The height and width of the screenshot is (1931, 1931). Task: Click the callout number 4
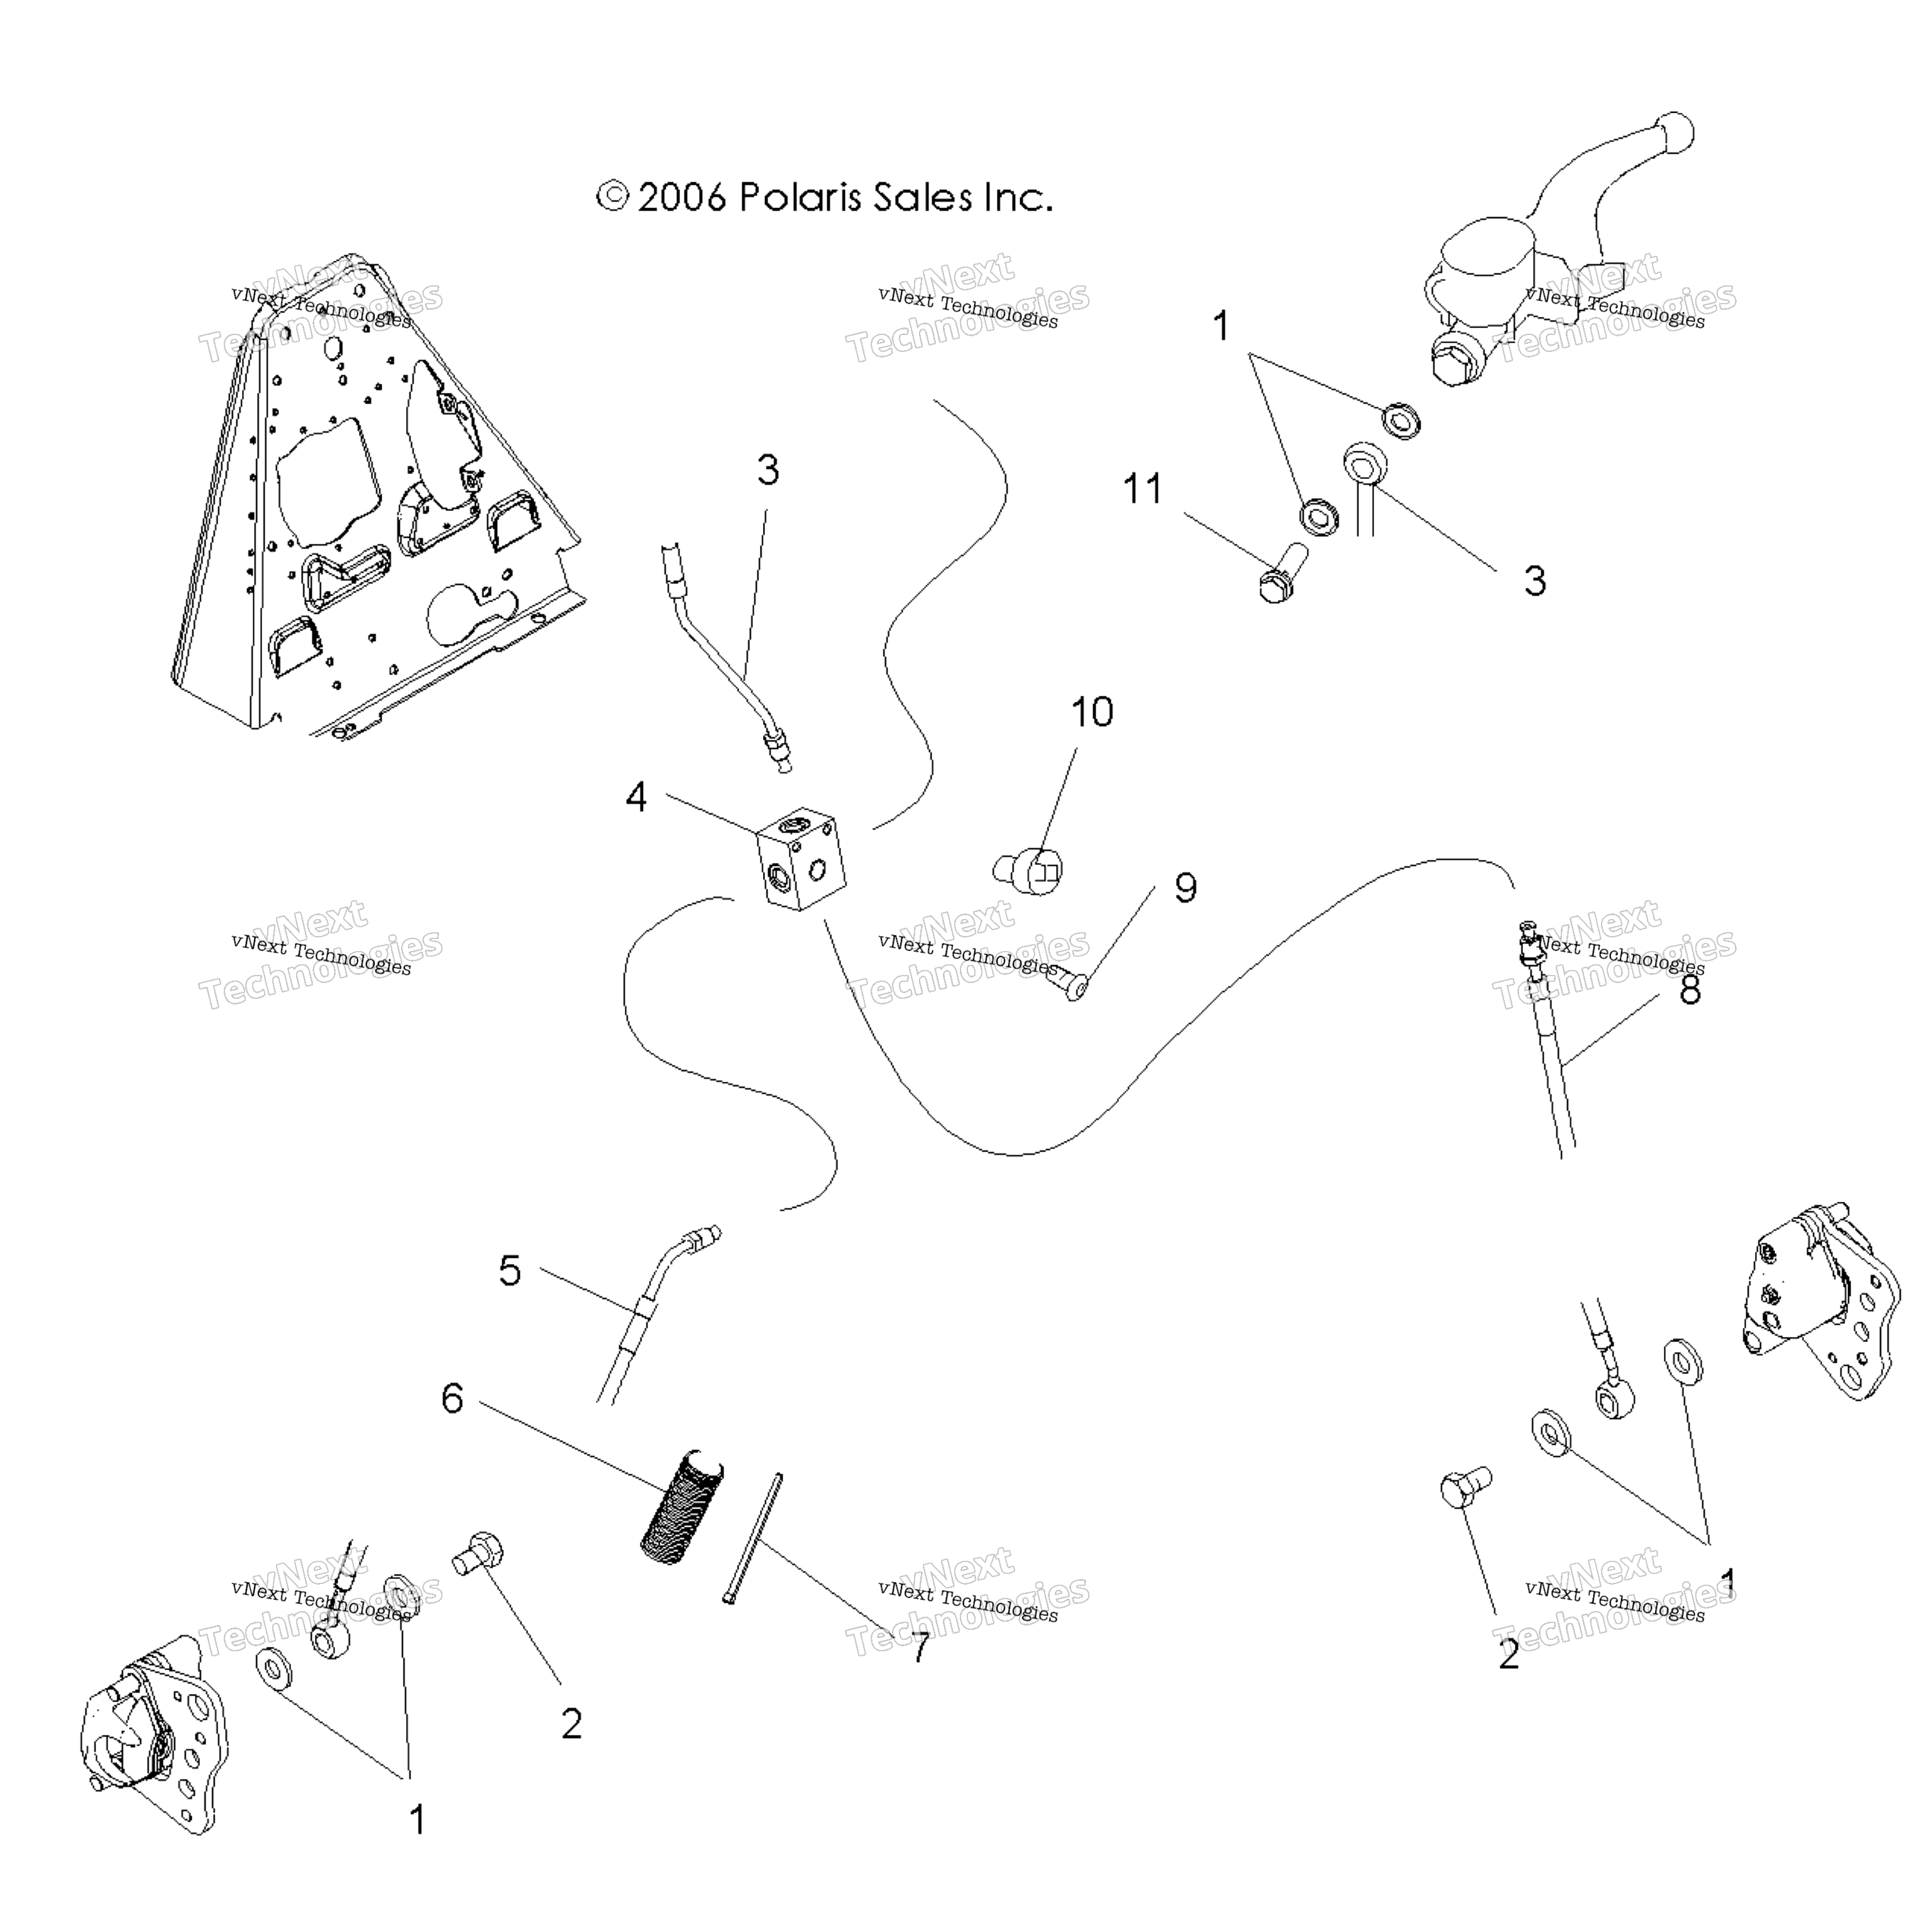click(x=635, y=798)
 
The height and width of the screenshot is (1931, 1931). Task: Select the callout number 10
click(x=1091, y=713)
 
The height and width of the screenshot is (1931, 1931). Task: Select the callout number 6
click(x=453, y=1398)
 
